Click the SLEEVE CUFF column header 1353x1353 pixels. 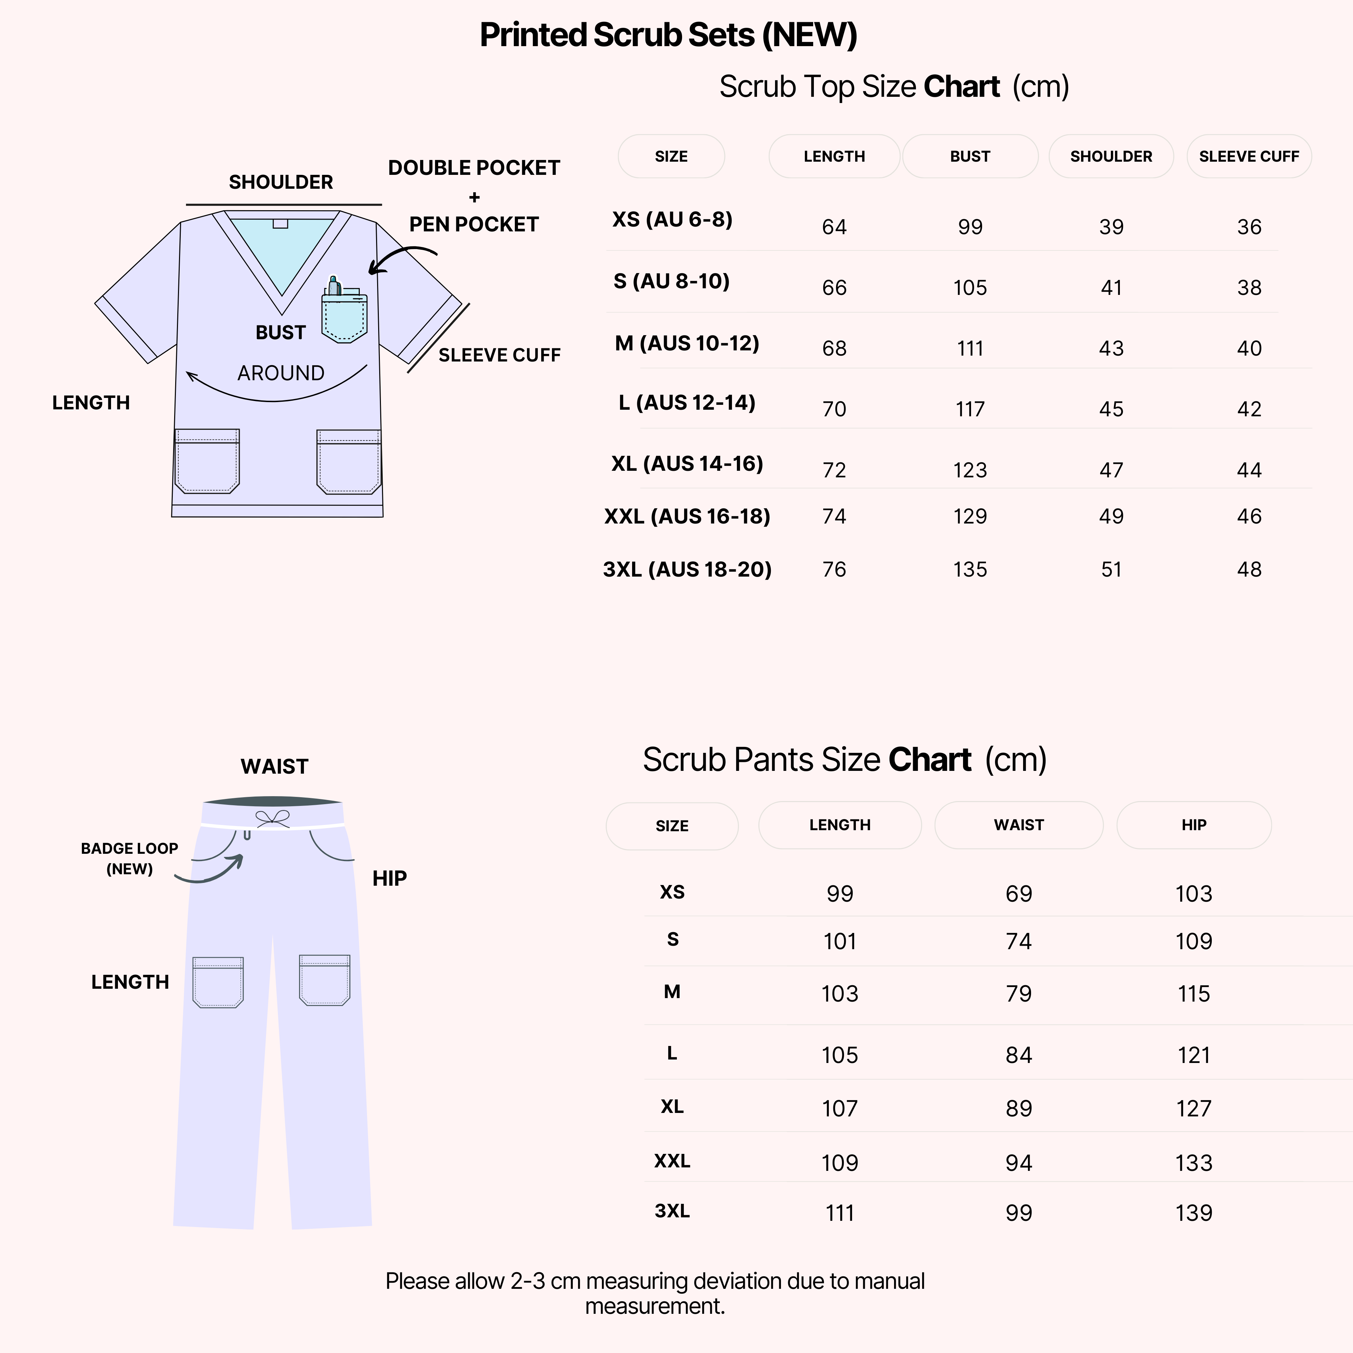pyautogui.click(x=1249, y=156)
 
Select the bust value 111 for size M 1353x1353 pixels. pyautogui.click(x=970, y=348)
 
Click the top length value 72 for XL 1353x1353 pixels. pyautogui.click(x=834, y=470)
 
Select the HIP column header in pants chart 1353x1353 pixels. pyautogui.click(x=1193, y=825)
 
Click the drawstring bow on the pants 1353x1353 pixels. pyautogui.click(x=272, y=818)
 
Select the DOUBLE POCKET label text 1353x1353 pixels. pyautogui.click(x=474, y=168)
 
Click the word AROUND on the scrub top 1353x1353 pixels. pyautogui.click(x=281, y=373)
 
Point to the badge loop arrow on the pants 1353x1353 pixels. pyautogui.click(x=210, y=872)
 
